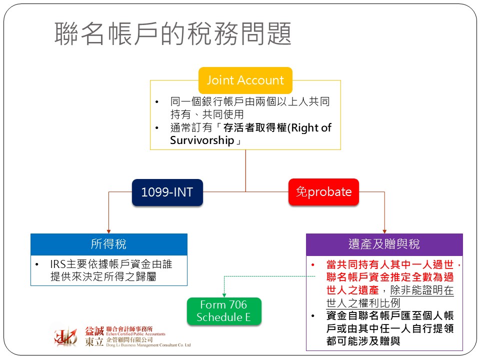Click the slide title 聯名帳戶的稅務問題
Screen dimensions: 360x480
[x=173, y=34]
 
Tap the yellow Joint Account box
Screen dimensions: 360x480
[x=245, y=80]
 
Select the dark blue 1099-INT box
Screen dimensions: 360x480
[x=167, y=192]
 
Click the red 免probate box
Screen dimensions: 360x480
[x=323, y=192]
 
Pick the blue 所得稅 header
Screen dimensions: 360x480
[x=109, y=244]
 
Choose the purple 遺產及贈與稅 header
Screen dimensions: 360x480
[x=384, y=244]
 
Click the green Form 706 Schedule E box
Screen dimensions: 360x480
[x=223, y=311]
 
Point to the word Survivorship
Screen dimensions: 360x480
[x=202, y=140]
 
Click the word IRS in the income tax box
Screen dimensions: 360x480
[x=58, y=263]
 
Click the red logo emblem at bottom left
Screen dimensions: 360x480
[x=66, y=335]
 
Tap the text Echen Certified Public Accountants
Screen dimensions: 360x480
[x=135, y=334]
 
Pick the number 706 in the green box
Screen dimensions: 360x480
[x=237, y=304]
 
